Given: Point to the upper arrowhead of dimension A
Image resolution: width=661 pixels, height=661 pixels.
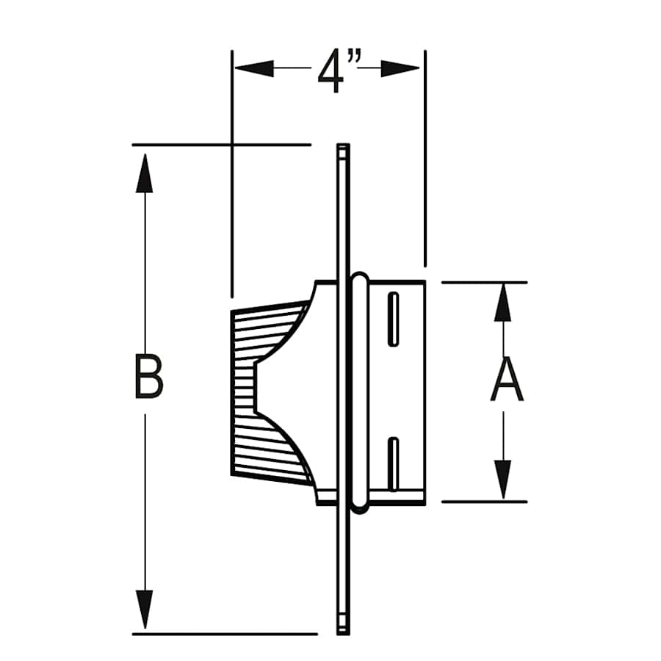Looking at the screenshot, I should [x=503, y=302].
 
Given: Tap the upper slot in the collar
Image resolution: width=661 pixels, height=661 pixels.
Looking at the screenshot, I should [x=394, y=319].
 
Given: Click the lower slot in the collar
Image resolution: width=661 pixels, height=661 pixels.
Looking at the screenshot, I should [x=394, y=463].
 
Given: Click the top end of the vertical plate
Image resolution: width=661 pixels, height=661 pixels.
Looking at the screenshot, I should [x=343, y=150].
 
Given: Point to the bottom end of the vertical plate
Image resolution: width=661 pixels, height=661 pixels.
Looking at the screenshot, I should [x=343, y=628].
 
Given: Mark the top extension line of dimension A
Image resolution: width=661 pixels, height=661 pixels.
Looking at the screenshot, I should [x=485, y=282].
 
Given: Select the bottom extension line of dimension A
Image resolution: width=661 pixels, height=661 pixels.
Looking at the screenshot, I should [x=485, y=502].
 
